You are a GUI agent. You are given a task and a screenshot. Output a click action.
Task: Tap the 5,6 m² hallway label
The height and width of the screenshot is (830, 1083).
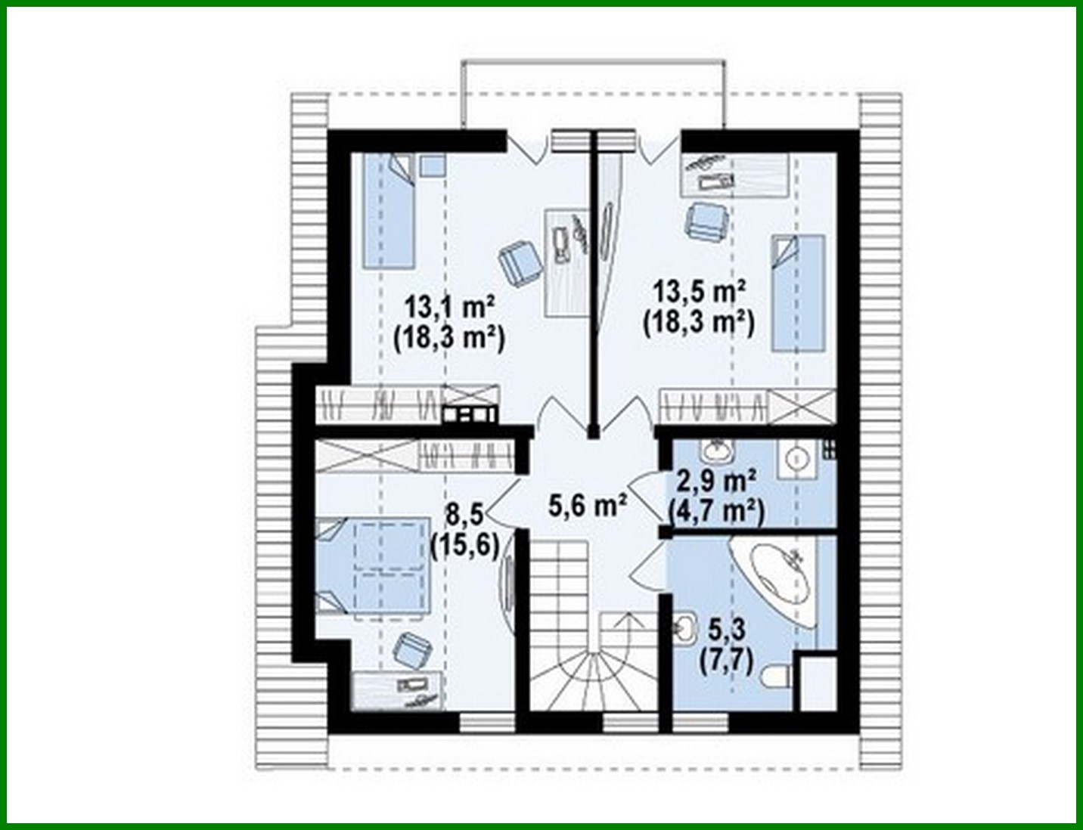(587, 505)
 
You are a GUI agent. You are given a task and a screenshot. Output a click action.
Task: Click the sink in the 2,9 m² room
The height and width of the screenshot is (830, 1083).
(715, 451)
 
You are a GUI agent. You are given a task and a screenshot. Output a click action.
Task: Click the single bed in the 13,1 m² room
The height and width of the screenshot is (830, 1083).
(389, 211)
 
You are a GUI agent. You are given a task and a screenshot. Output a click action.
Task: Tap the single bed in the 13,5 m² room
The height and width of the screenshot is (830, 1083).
(797, 293)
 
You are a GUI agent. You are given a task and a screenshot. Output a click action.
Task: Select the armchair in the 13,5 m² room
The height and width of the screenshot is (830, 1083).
(706, 221)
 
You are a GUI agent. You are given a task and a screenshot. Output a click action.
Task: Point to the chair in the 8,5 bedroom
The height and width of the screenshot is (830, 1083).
(412, 650)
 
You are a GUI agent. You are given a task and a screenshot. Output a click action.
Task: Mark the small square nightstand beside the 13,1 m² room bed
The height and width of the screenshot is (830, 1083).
(433, 166)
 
